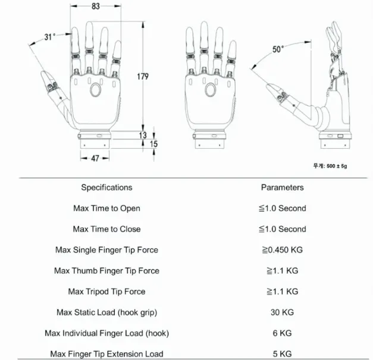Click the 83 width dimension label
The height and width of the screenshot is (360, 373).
click(96, 7)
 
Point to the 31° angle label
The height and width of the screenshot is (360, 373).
click(50, 37)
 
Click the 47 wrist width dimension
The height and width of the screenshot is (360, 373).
click(95, 158)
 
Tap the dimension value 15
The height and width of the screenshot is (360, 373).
click(153, 144)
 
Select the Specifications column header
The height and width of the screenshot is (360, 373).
click(106, 187)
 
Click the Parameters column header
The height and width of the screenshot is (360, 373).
click(282, 187)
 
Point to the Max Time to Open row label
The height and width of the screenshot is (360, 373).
click(106, 208)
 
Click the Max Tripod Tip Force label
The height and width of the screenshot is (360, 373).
click(106, 292)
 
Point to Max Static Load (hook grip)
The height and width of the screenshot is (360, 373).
click(106, 312)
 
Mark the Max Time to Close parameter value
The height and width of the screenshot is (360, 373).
click(282, 229)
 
